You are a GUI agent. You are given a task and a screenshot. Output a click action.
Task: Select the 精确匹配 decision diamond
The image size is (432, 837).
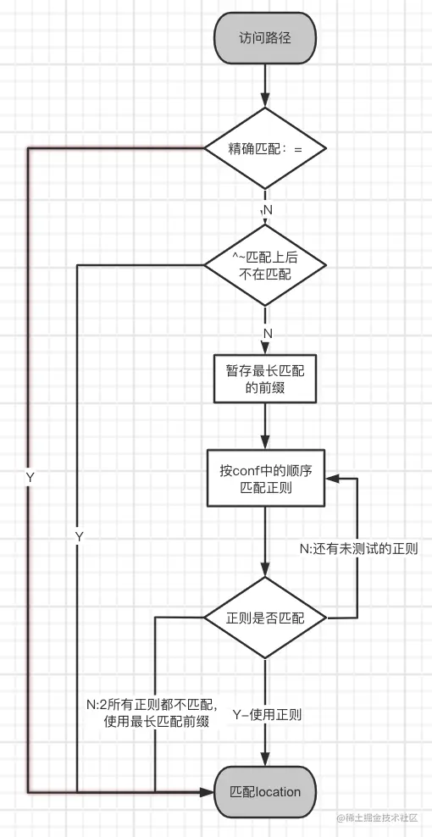265,148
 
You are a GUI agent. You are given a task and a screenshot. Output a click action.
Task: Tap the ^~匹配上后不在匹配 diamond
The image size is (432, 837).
265,266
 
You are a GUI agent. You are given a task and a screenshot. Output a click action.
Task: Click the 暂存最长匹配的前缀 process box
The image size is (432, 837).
265,381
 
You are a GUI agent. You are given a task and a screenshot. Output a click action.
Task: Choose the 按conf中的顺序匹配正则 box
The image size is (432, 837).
265,479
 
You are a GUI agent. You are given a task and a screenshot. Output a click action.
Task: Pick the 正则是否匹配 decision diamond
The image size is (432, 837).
265,618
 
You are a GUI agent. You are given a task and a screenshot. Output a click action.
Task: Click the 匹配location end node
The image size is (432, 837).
265,792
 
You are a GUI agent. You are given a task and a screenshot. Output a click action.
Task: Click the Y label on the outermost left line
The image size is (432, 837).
30,478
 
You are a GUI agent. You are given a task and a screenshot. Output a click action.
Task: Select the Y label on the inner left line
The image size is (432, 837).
79,537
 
